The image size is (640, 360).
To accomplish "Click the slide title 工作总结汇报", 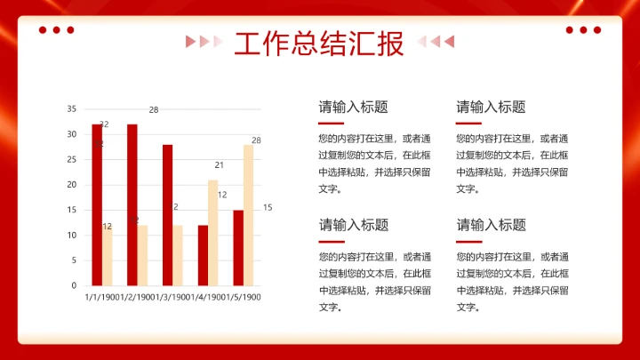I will coord(319,42).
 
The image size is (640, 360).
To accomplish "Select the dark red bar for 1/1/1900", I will coord(97,204).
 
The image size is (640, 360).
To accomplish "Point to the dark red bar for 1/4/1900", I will coord(203,255).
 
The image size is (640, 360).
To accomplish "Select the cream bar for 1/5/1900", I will coord(249,214).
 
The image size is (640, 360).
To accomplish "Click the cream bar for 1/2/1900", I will coord(143,255).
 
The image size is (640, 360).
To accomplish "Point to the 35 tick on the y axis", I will coord(71,108).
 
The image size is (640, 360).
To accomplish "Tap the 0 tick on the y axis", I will coord(74,285).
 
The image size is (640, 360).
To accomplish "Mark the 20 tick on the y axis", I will coord(71,185).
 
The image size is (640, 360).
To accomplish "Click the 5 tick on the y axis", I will coord(74,260).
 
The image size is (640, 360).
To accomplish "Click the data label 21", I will coord(219,165).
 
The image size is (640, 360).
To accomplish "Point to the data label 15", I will coord(268,208).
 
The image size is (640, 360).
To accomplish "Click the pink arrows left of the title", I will coord(204,41).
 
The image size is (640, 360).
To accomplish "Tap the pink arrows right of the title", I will coord(436,41).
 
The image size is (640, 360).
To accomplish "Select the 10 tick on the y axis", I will coord(71,236).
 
